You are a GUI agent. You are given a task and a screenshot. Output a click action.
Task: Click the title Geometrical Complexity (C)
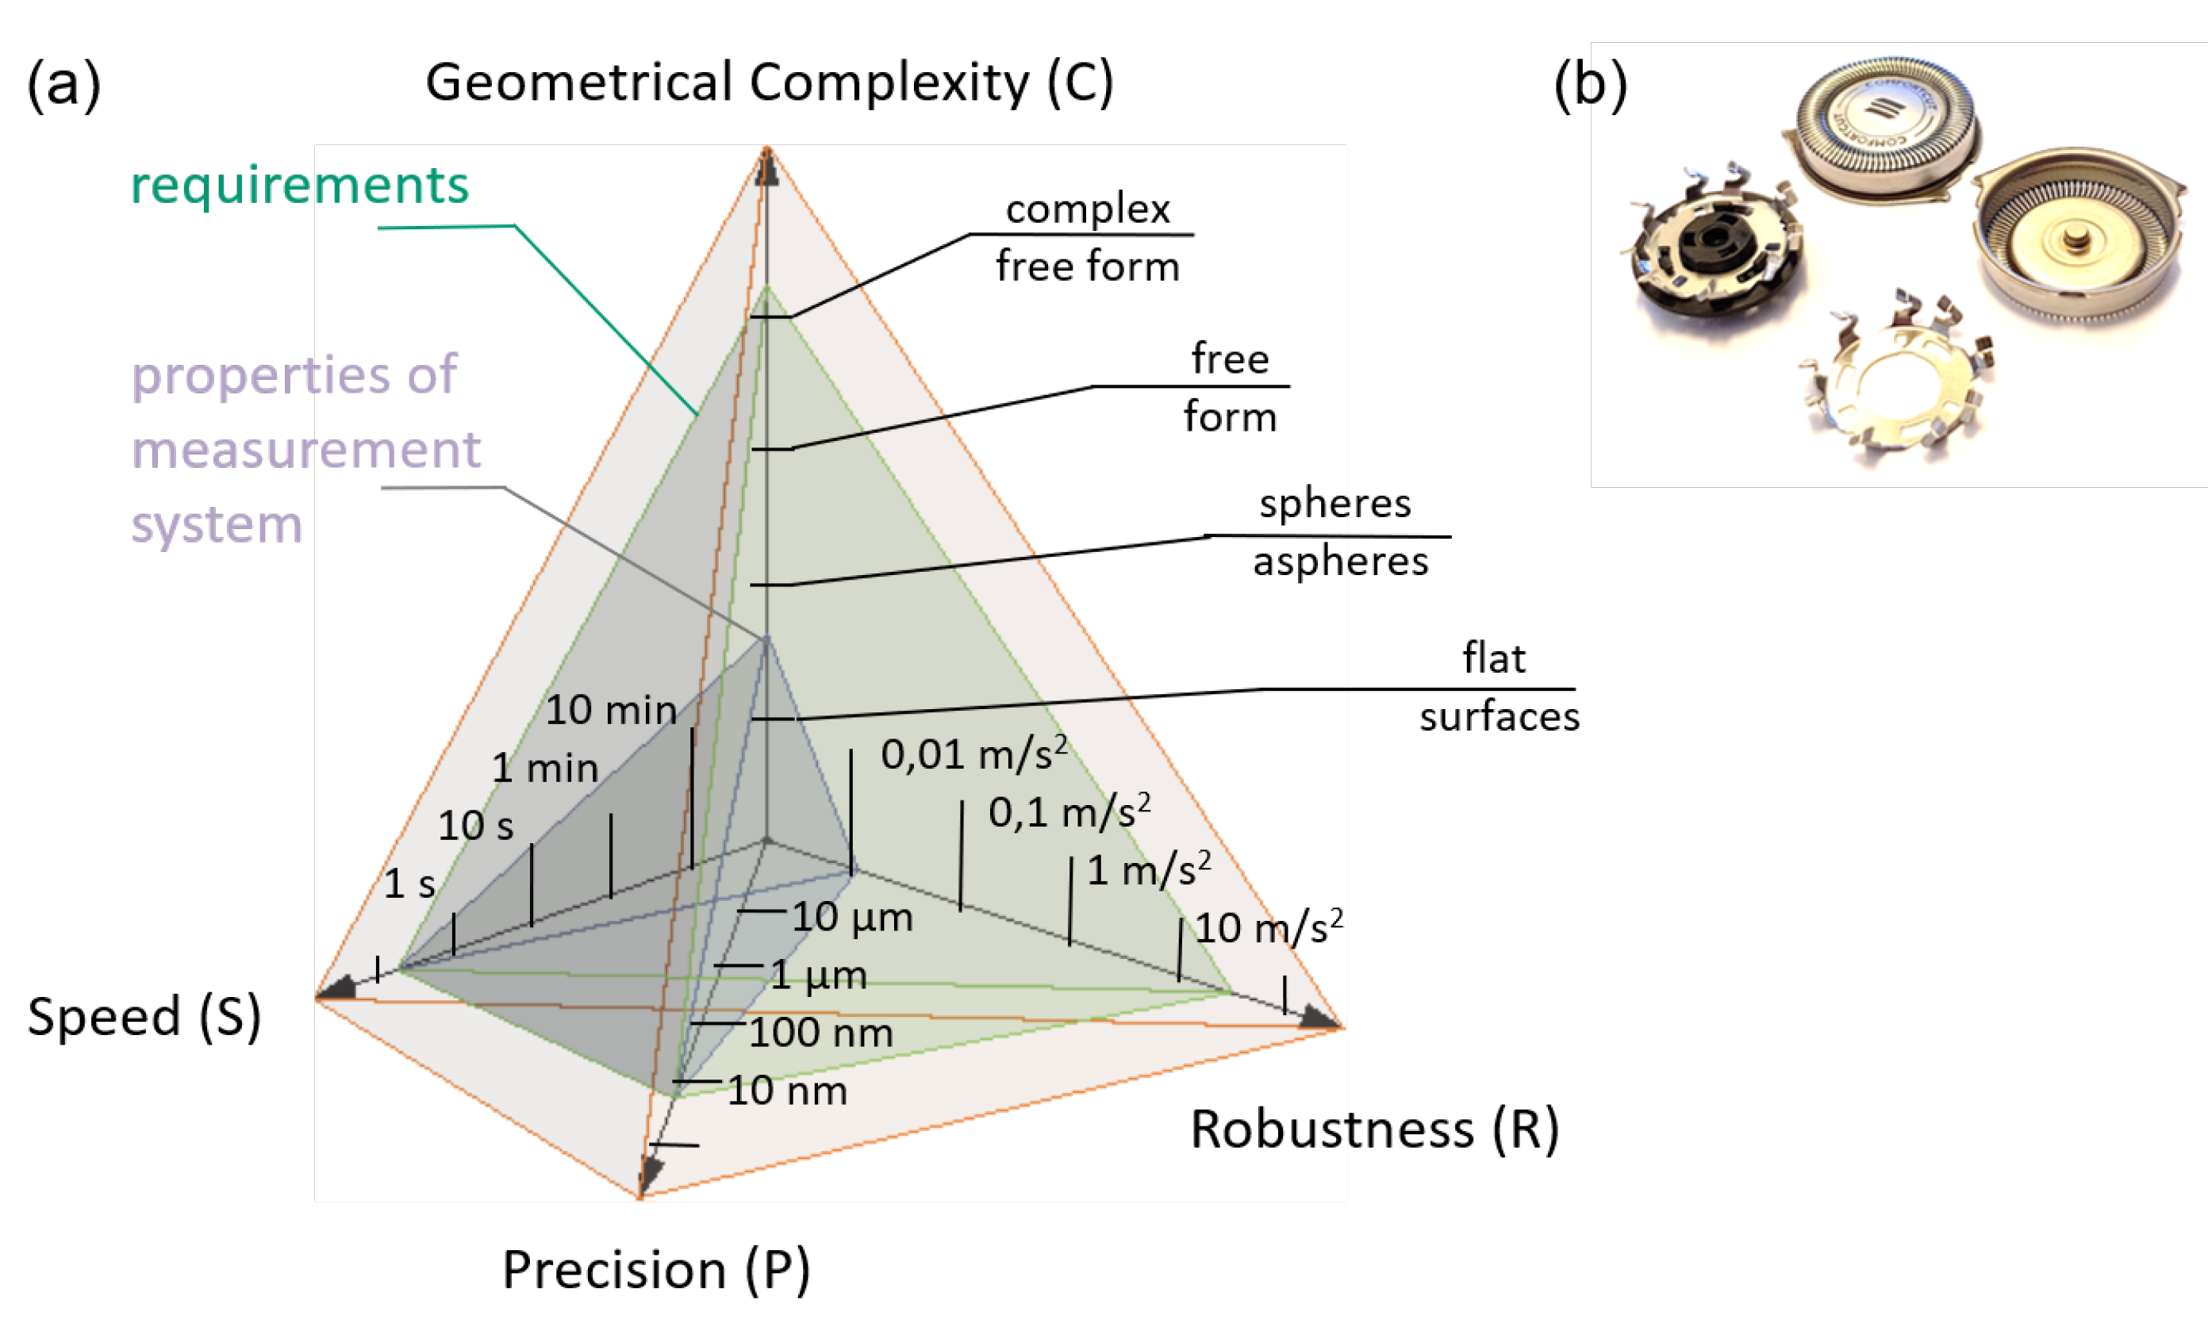coord(769,82)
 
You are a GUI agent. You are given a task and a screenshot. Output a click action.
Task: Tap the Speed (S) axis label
coord(144,1017)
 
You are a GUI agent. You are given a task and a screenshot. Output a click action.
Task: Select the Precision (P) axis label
coord(655,1270)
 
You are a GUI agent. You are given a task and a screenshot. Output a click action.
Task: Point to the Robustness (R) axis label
coord(1373,1129)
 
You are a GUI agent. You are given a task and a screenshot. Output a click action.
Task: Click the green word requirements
coord(300,185)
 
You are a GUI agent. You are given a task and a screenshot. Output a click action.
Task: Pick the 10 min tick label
coord(611,710)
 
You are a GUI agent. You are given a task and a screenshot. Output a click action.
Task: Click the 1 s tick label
coord(409,884)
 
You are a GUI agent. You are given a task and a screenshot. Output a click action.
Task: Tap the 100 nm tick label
coord(820,1033)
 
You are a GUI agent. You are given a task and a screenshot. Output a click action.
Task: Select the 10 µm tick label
coord(851,918)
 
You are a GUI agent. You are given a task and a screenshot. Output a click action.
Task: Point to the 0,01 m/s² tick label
coord(973,754)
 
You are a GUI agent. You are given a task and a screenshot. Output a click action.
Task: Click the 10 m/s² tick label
coord(1267,928)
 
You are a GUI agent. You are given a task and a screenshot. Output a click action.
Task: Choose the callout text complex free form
coord(1087,238)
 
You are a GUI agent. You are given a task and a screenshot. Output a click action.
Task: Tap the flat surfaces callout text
coord(1497,688)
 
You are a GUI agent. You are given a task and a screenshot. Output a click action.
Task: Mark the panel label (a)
coord(63,85)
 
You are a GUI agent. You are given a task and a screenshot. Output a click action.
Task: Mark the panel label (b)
coord(1589,85)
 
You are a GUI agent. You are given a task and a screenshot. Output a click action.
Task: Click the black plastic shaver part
coord(1713,251)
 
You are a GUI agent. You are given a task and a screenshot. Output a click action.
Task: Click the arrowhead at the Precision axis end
coord(649,1173)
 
